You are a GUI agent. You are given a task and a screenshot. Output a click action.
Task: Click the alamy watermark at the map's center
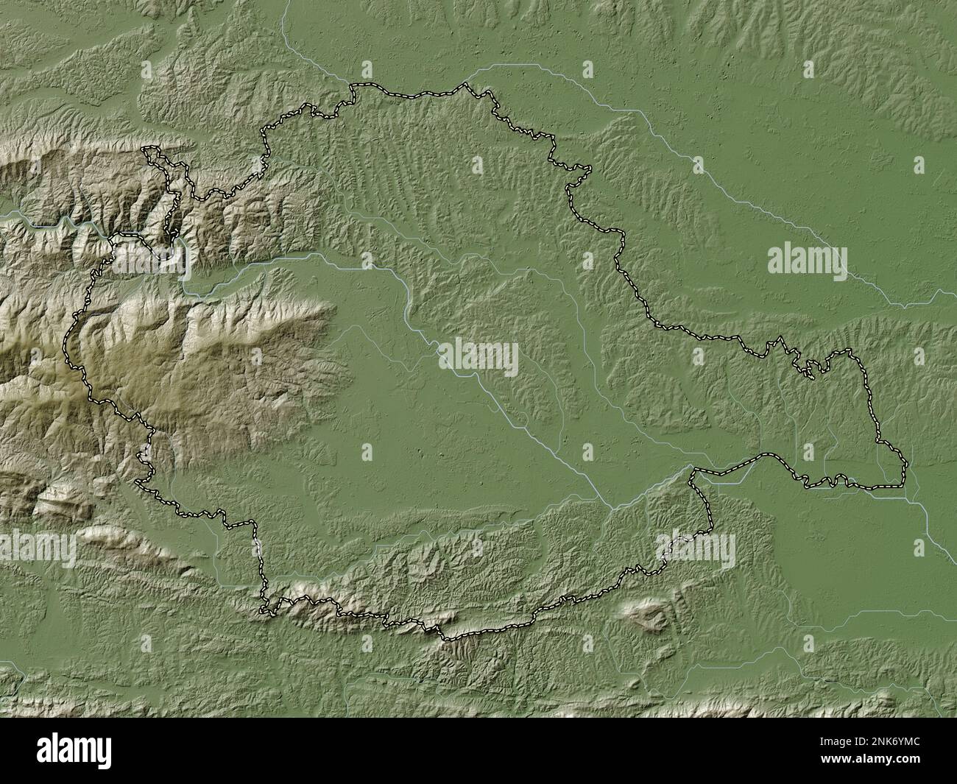click(x=479, y=358)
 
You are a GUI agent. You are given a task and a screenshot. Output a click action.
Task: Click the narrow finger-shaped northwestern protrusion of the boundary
click(x=151, y=153)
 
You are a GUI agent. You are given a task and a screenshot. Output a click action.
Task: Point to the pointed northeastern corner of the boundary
click(x=588, y=171)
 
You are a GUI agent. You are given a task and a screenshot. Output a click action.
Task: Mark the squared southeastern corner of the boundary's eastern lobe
click(x=905, y=485)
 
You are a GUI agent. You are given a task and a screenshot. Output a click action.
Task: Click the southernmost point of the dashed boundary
click(x=445, y=637)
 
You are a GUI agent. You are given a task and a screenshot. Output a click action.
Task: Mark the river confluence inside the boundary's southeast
click(x=610, y=505)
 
